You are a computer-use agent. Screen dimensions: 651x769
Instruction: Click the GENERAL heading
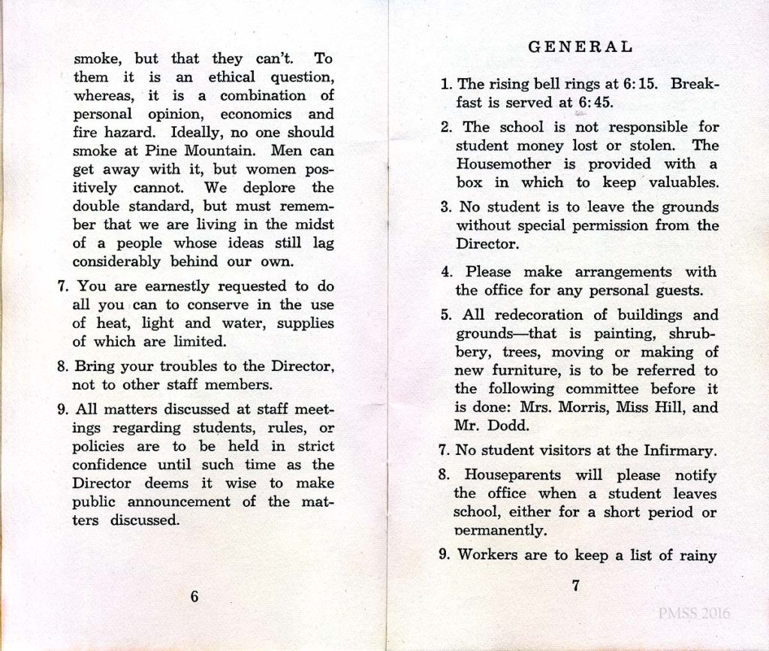(581, 47)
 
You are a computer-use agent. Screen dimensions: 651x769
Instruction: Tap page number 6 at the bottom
(195, 596)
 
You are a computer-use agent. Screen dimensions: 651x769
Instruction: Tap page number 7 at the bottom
(575, 586)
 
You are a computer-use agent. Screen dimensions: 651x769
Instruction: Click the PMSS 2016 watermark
(694, 613)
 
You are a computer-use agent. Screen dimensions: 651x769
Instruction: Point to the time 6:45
(594, 103)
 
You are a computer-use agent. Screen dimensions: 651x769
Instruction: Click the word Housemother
(496, 164)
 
